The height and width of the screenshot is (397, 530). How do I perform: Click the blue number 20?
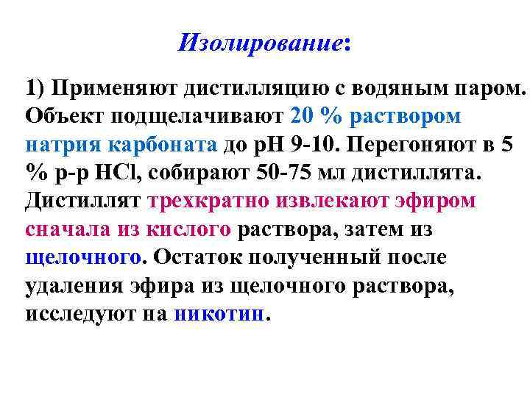303,117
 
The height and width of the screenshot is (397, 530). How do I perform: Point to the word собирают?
201,174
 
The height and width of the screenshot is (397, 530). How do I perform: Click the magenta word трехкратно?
200,201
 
